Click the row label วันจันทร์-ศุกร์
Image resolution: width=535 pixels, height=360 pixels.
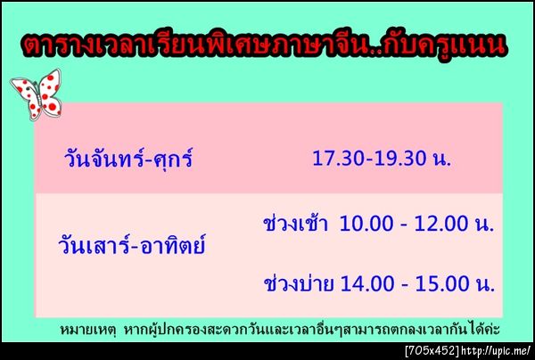click(x=128, y=161)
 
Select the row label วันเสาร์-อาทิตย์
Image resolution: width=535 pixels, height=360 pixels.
click(x=132, y=241)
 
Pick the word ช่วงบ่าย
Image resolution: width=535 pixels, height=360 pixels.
click(x=299, y=284)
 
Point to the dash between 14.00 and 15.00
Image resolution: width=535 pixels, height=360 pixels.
click(x=402, y=286)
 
